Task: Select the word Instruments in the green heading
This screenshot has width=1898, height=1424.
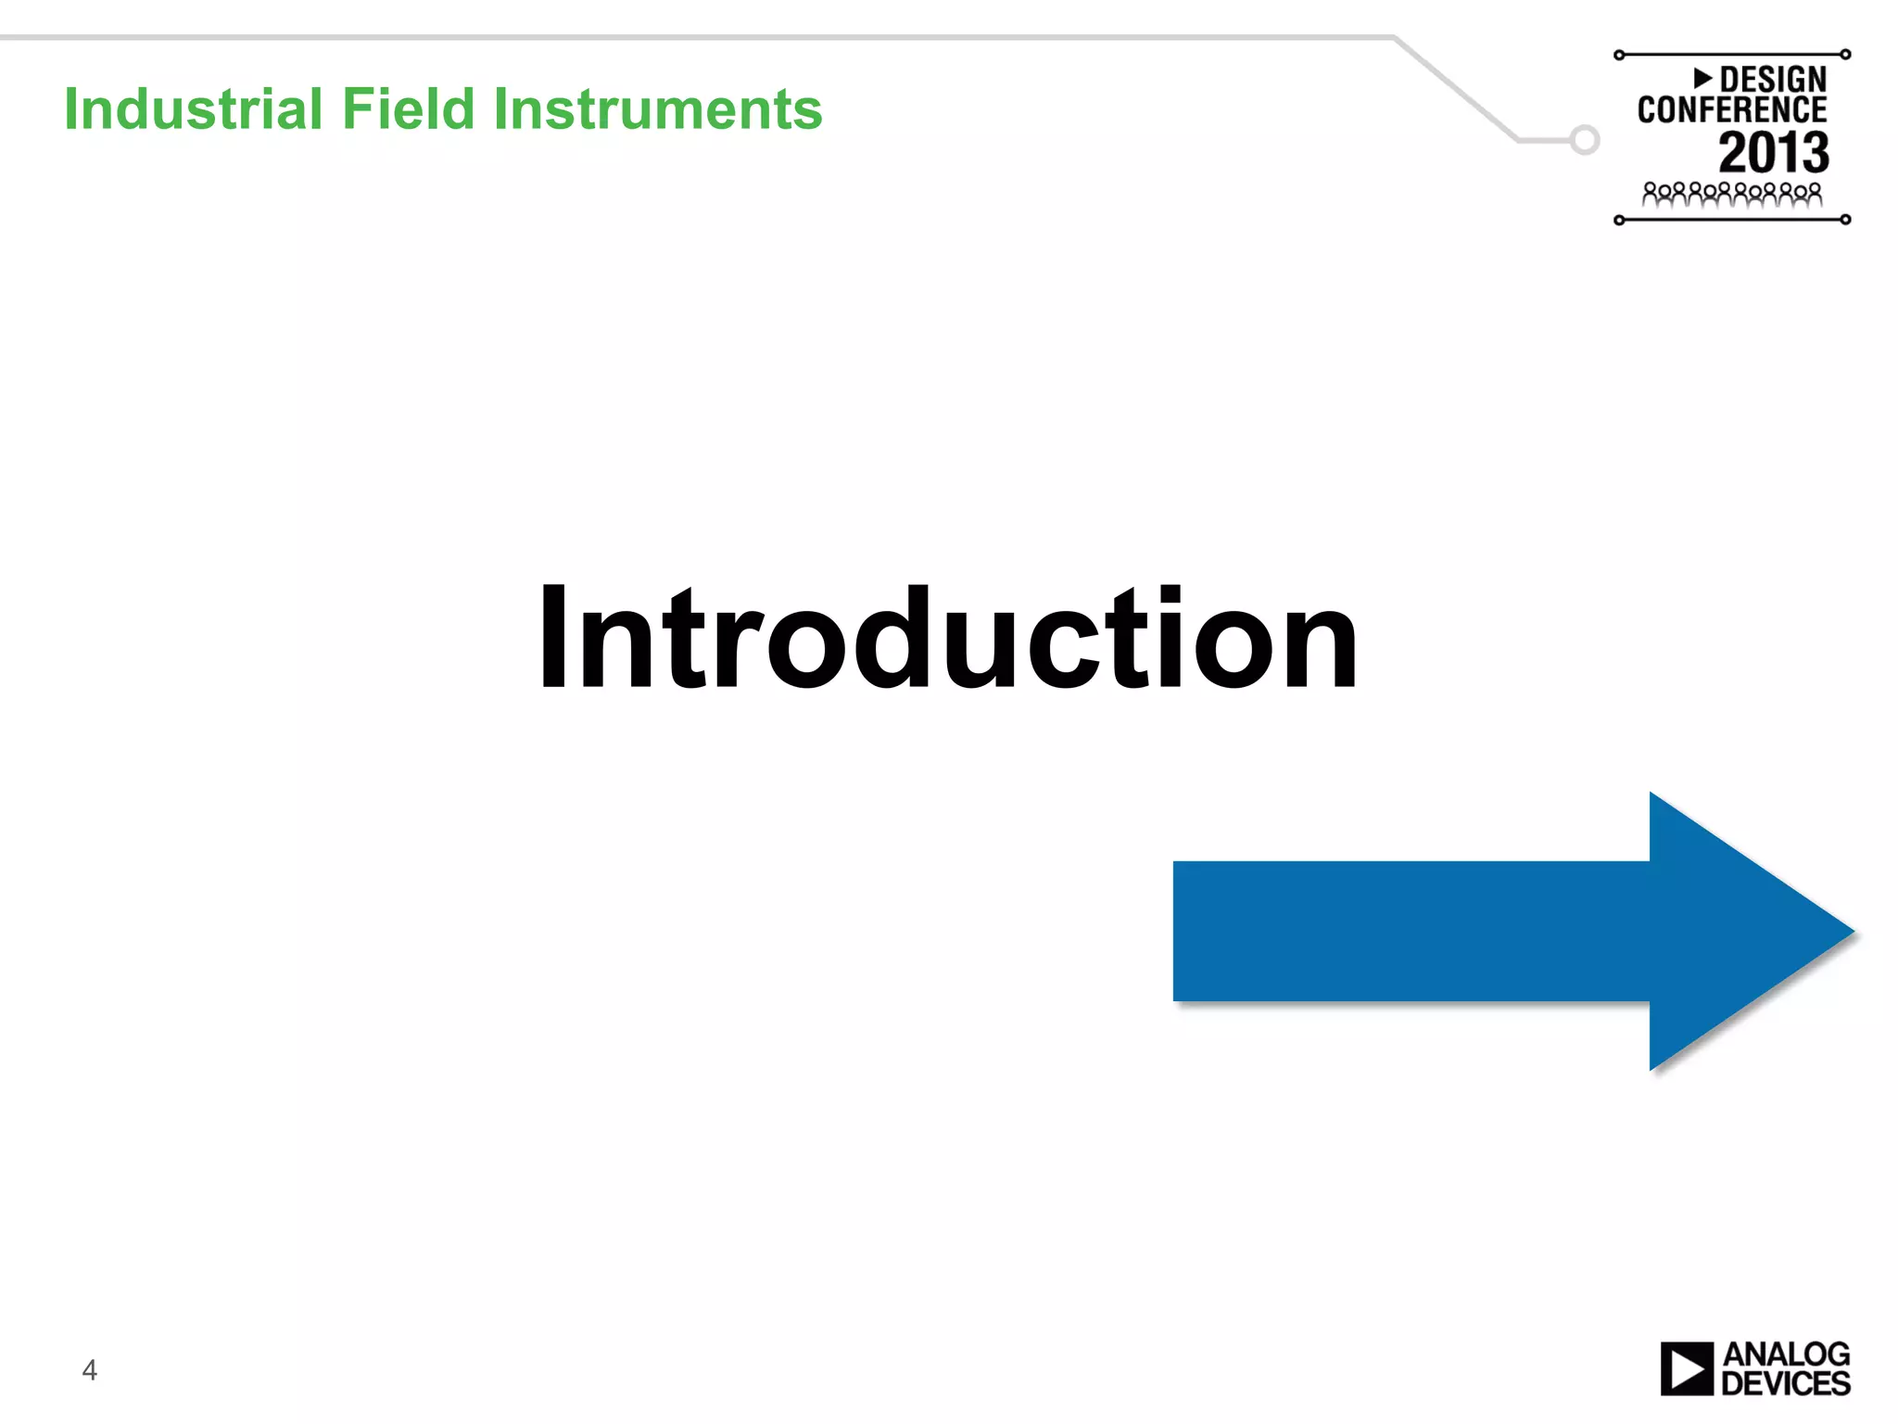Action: coord(657,109)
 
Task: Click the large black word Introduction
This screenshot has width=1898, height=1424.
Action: coord(948,639)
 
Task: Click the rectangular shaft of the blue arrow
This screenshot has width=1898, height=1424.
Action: coord(1409,932)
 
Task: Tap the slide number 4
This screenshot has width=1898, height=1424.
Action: coord(90,1369)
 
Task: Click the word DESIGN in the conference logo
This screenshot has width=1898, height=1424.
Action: coord(1772,80)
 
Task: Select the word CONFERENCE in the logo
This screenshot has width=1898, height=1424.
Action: coord(1731,110)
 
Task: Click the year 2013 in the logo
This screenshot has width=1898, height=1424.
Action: coord(1773,153)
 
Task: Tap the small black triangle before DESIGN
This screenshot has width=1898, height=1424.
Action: coord(1702,77)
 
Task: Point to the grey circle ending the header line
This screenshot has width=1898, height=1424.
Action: coord(1585,140)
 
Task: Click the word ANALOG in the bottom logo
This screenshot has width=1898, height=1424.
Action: coord(1786,1354)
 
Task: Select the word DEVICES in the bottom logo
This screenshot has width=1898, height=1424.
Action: coord(1785,1383)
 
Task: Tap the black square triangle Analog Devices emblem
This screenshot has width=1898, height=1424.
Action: coord(1687,1368)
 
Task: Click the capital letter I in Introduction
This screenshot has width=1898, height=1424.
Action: coord(553,639)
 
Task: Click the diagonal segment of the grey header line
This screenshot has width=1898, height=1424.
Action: coord(1455,88)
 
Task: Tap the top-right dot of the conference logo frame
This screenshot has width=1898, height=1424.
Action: coord(1845,55)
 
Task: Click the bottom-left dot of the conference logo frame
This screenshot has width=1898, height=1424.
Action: coord(1619,221)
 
